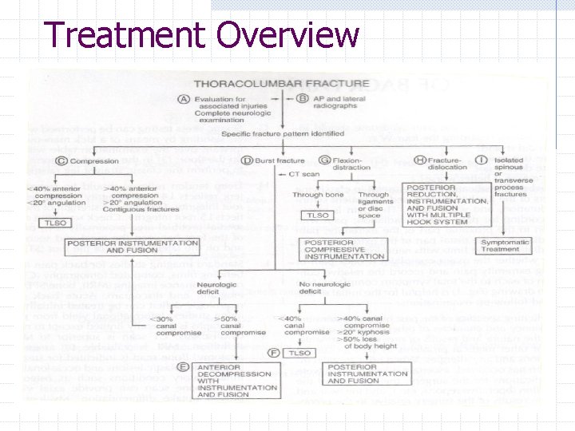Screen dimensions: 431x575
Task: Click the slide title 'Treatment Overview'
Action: (201, 35)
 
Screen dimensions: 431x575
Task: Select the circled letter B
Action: (303, 99)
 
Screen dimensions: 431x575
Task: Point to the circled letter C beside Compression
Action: (61, 162)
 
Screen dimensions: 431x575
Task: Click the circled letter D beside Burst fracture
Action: (248, 161)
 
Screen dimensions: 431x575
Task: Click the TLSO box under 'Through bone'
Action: (314, 215)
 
